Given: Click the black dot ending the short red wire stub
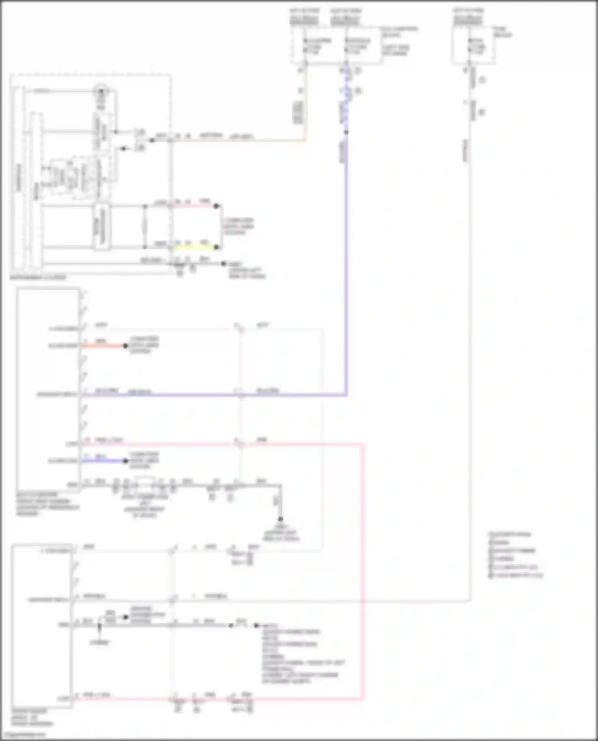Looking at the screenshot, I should click(126, 346).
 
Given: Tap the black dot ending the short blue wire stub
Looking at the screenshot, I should click(126, 461).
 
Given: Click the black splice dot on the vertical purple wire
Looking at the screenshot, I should click(346, 132).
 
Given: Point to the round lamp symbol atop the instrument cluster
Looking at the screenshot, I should click(100, 92).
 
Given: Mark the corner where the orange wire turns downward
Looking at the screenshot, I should click(305, 139).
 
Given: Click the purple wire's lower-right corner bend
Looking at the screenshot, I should click(346, 395).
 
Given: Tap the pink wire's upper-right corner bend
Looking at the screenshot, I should click(363, 444).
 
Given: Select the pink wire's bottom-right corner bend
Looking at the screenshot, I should click(363, 698).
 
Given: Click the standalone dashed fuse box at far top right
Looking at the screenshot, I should click(473, 45).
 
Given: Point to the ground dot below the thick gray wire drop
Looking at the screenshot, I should click(280, 519).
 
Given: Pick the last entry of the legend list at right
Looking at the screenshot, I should click(516, 575).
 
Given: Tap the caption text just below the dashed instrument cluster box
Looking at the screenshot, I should click(38, 278).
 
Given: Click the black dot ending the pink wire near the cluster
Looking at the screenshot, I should click(216, 206).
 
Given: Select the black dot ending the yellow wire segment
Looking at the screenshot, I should click(216, 247).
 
